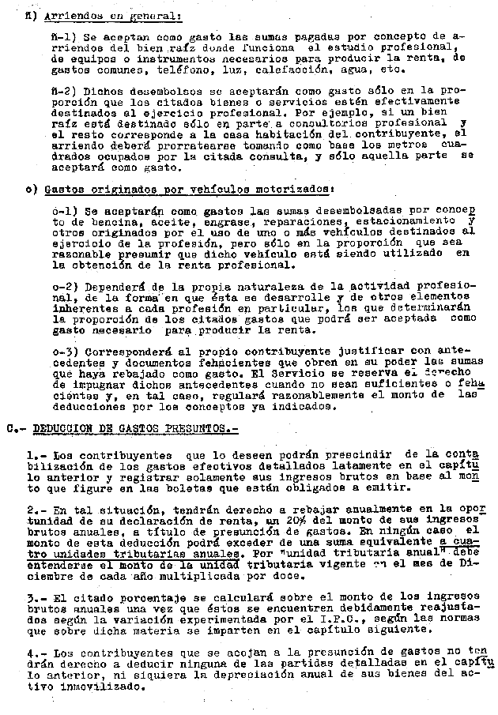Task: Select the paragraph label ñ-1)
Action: (x=62, y=37)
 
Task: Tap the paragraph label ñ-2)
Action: (x=62, y=91)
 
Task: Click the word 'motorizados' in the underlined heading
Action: (x=286, y=190)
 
